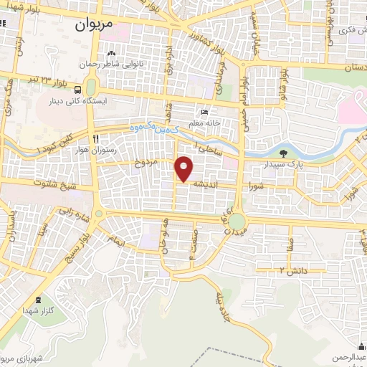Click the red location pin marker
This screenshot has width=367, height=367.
pos(184,169)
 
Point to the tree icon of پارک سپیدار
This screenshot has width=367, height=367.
pos(283,153)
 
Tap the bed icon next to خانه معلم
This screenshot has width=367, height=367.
pos(205,113)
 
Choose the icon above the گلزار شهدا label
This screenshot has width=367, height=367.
pos(38,300)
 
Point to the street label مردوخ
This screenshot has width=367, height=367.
pos(147,163)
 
